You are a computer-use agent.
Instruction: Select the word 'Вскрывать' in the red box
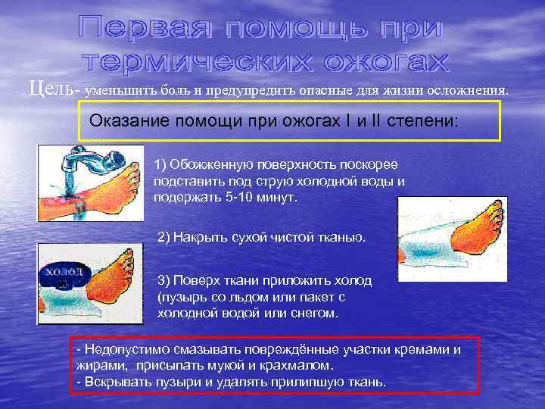114,381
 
